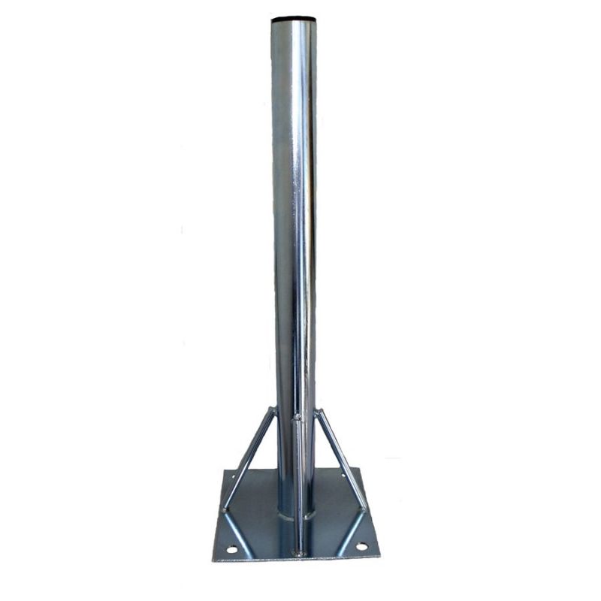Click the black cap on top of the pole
point(294,18)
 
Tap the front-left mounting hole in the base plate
point(232,549)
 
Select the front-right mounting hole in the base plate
point(361,546)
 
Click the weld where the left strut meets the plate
point(225,510)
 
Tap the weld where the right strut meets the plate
point(364,509)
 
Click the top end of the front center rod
point(297,416)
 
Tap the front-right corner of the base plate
point(379,557)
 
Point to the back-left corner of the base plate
point(225,470)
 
